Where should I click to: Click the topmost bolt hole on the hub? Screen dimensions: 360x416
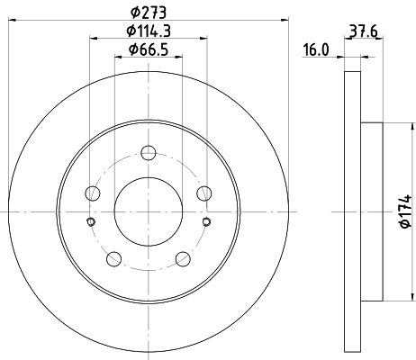click(147, 154)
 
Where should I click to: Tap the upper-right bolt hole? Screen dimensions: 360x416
click(203, 193)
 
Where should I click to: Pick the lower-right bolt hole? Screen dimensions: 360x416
click(182, 259)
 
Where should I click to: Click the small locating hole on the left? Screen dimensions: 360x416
click(89, 223)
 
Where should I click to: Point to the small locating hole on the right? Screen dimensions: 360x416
click(206, 223)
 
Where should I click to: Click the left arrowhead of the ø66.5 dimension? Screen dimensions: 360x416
click(118, 57)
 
